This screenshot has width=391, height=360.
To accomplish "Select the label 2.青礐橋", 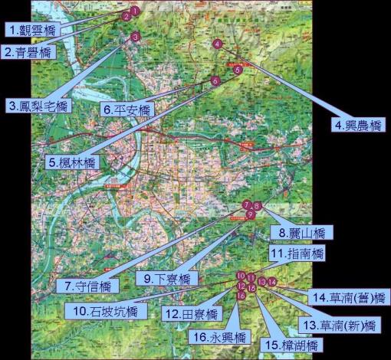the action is (28, 53).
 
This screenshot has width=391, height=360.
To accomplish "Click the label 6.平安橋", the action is (128, 110).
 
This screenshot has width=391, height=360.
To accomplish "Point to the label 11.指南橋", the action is (297, 253).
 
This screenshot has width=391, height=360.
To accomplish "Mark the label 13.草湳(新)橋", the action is (338, 326).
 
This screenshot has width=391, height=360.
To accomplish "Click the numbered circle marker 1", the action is (134, 11).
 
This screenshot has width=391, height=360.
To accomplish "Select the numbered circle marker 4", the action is (218, 44).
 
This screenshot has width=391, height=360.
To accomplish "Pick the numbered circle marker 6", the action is (215, 80).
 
